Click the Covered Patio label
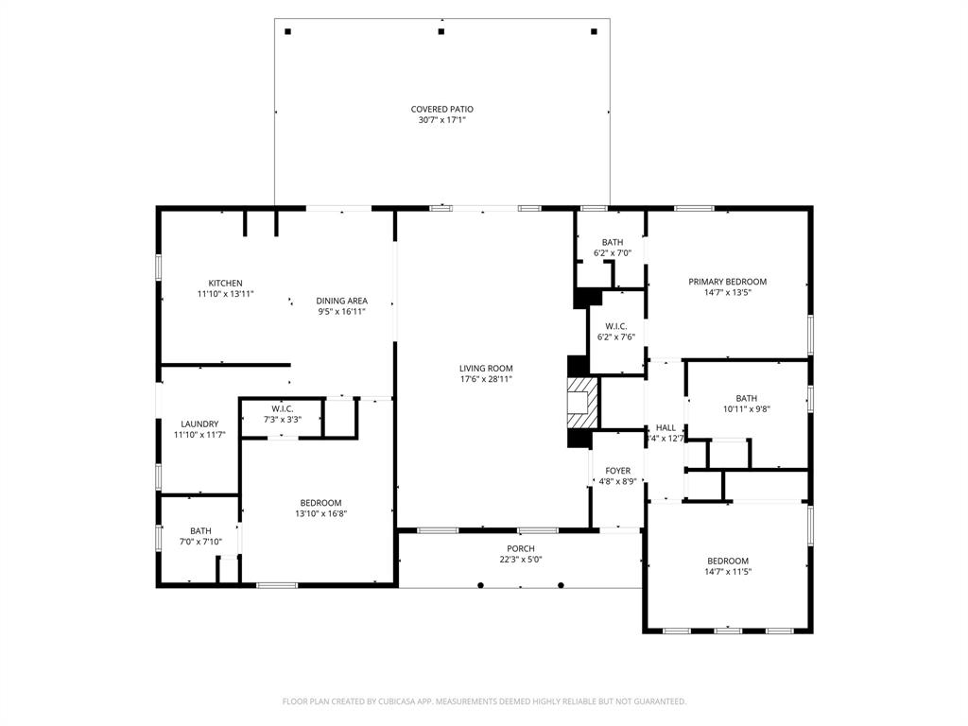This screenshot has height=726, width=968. [441, 110]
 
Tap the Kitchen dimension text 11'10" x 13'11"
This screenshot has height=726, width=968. [225, 295]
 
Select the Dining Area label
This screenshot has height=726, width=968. [341, 301]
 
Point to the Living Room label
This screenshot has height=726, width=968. [486, 369]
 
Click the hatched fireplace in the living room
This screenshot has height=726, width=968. [583, 404]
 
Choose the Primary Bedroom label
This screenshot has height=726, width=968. [727, 282]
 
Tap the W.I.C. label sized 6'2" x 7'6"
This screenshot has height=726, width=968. [616, 326]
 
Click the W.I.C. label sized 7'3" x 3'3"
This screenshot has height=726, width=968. [282, 408]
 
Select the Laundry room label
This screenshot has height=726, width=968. [199, 424]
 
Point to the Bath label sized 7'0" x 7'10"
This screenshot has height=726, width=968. [200, 531]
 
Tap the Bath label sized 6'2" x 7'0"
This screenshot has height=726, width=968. [612, 243]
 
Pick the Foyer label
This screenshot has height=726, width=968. [617, 471]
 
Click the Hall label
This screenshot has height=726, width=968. [665, 428]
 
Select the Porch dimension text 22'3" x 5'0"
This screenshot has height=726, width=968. [520, 560]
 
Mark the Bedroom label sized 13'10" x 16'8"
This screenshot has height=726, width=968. [320, 503]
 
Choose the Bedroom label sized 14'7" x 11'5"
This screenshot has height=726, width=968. [727, 561]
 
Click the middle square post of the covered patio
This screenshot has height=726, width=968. [441, 31]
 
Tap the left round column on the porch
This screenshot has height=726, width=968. [480, 585]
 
